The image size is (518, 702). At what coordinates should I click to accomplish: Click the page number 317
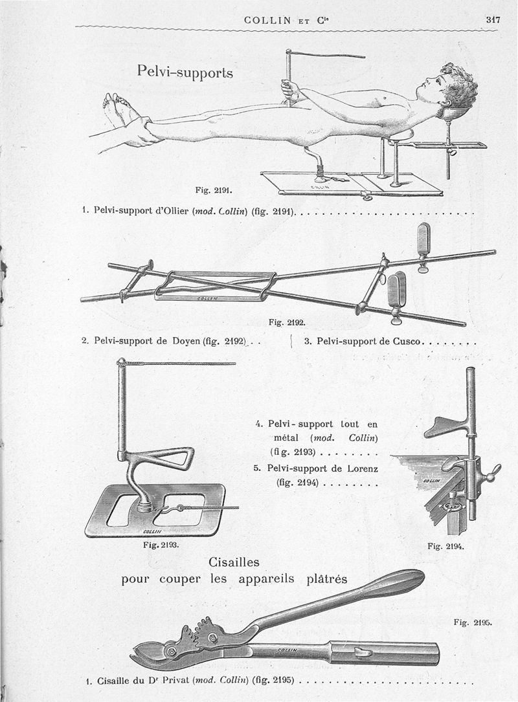(493, 19)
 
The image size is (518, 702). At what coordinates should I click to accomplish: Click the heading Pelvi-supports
(185, 71)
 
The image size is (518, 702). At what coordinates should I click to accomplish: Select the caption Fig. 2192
(286, 321)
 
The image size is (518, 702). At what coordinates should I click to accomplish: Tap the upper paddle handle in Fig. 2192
(423, 240)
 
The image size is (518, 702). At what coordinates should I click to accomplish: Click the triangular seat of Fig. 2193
(170, 458)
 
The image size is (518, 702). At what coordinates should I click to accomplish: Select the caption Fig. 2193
(160, 544)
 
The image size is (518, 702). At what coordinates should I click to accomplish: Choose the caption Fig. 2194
(445, 546)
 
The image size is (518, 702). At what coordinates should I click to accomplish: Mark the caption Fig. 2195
(473, 623)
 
